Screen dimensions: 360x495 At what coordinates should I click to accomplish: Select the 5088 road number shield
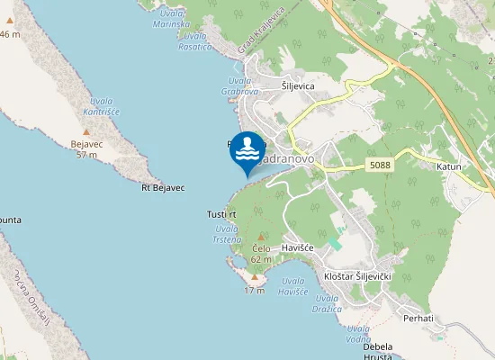point(379,166)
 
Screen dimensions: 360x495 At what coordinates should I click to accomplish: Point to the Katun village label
point(448,167)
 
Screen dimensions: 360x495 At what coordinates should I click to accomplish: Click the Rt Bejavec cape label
point(163,188)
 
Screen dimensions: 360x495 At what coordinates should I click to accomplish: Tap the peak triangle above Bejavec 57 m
point(86,132)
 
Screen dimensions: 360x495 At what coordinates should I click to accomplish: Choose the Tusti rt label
point(220,214)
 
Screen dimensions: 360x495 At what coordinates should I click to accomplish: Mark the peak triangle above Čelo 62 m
point(261,237)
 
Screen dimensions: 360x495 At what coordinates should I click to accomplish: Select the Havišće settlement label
point(296,247)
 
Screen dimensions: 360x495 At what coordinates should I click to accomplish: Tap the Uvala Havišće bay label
point(292,286)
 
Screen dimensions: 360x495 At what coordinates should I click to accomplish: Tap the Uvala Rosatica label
point(193,40)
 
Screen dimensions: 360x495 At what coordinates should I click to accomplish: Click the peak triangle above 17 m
point(254,278)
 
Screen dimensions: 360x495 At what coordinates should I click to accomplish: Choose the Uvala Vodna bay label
point(359,333)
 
